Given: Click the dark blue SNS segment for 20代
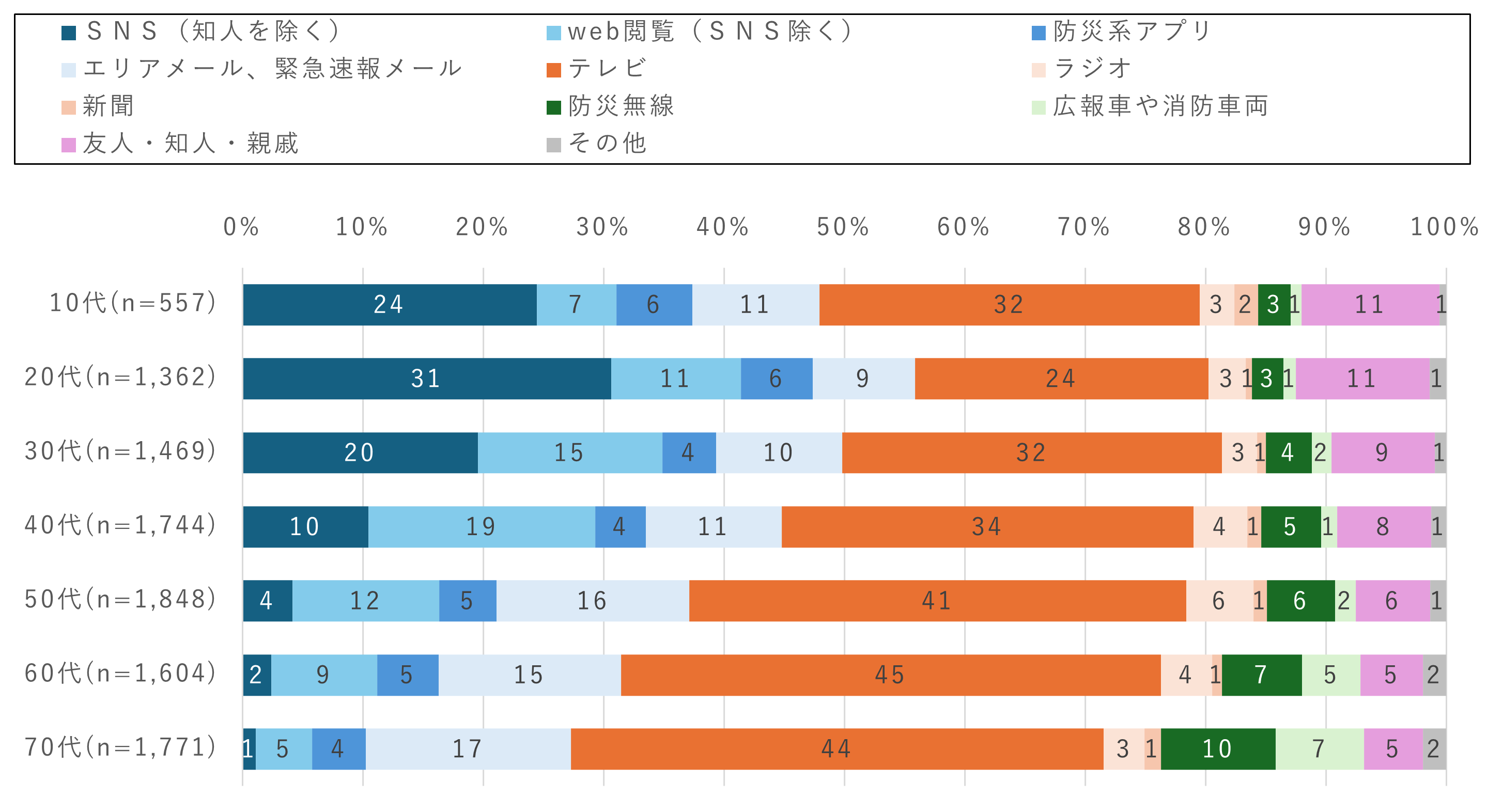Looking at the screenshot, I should pos(426,379).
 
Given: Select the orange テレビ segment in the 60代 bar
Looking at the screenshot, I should pos(890,675).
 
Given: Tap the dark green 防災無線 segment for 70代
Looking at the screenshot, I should pos(1218,749).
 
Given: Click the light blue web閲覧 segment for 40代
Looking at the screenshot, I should pos(482,527).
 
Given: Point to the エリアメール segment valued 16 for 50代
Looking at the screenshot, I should pos(592,601).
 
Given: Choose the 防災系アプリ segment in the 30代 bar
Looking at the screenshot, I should pos(689,452).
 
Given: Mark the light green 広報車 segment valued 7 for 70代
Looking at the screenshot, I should pos(1319,749).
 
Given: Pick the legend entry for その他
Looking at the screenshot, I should pos(607,144).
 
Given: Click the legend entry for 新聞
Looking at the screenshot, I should pos(108,106).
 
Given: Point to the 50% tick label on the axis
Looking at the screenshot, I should pos(843,227).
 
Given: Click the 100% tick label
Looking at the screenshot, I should pos(1445,227).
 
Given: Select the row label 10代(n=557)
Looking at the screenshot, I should pos(133,303).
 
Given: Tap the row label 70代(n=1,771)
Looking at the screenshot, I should pos(120,747).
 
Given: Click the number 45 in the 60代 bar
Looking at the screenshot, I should pos(890,675).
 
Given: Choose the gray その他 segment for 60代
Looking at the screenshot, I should pos(1434,675).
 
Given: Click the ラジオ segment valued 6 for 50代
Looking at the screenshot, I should pos(1219,601).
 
